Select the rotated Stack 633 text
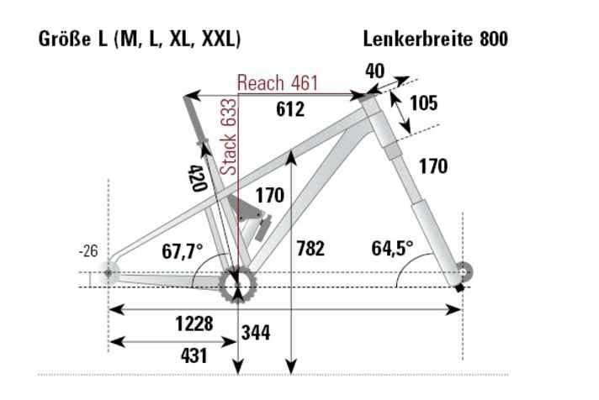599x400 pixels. click(x=228, y=135)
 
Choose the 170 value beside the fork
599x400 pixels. click(x=433, y=166)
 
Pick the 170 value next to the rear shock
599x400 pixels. click(x=269, y=197)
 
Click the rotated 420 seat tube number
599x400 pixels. click(x=197, y=178)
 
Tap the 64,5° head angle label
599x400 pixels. click(x=392, y=249)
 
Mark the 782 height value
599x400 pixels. click(x=310, y=250)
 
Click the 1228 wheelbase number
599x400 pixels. click(x=193, y=324)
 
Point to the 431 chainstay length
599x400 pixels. click(x=193, y=355)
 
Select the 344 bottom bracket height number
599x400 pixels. click(x=255, y=334)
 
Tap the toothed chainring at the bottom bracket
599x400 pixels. click(x=236, y=287)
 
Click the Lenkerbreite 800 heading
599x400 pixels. click(x=435, y=39)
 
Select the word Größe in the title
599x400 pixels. click(x=62, y=39)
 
